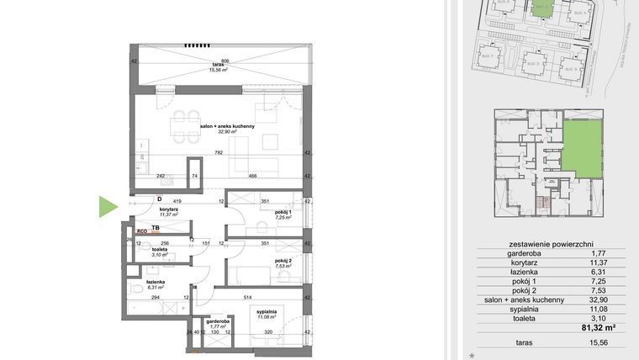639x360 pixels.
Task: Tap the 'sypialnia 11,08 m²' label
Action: coord(268,315)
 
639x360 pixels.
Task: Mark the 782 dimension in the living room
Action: coord(218,153)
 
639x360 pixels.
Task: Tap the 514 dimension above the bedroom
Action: coord(248,298)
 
